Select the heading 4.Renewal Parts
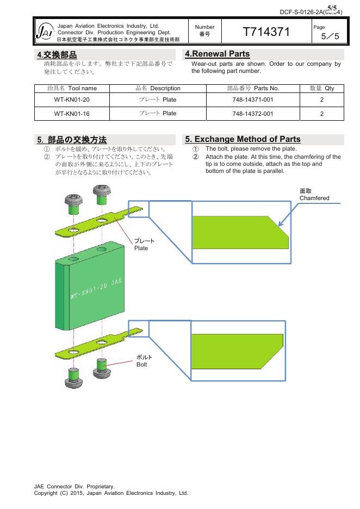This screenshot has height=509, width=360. point(218,54)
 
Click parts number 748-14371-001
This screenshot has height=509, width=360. point(252,100)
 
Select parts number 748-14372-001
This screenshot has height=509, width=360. point(252,114)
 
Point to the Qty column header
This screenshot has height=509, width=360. point(322,88)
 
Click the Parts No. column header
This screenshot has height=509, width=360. point(252,88)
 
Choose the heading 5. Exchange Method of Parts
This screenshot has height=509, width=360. point(243,139)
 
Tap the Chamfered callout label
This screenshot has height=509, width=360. point(314,195)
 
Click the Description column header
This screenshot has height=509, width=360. point(158,88)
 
